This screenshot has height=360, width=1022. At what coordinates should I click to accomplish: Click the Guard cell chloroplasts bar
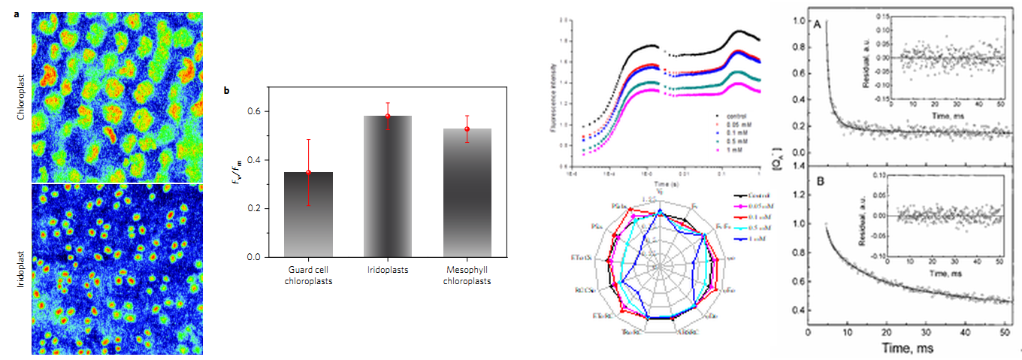(x=308, y=214)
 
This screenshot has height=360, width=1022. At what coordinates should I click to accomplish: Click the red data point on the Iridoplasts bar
(x=388, y=116)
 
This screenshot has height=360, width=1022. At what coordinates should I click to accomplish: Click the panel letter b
(x=228, y=92)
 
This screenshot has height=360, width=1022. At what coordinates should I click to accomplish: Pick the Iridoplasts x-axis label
(x=388, y=270)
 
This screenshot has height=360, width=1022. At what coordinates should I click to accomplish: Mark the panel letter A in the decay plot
(x=817, y=25)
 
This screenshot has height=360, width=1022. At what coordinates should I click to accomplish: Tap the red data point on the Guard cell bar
(x=308, y=172)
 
